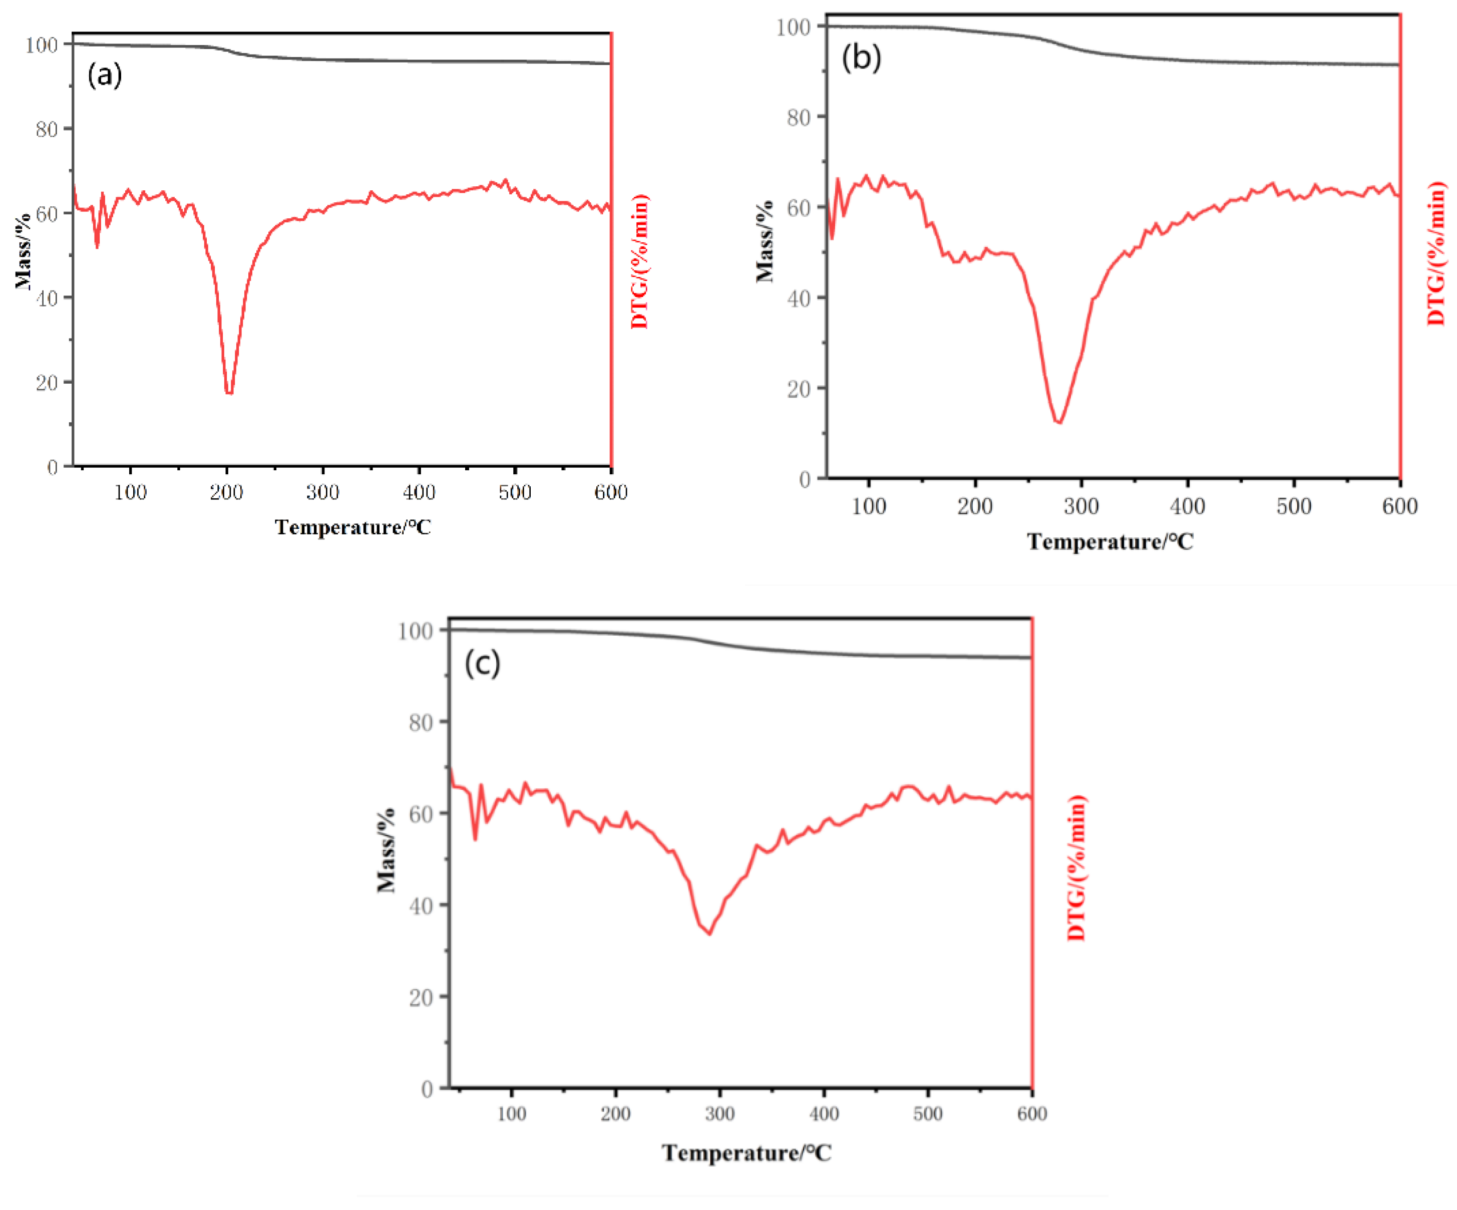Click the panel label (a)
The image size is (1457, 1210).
click(x=105, y=74)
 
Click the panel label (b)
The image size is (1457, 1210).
click(x=861, y=57)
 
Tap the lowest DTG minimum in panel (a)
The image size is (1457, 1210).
click(x=229, y=393)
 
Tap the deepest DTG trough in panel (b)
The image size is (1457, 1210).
click(x=1059, y=422)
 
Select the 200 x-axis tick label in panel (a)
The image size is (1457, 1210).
click(x=226, y=493)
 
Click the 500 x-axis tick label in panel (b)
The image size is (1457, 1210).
click(x=1293, y=506)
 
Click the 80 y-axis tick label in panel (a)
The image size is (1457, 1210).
click(x=47, y=129)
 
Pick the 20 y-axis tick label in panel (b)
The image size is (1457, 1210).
click(x=799, y=389)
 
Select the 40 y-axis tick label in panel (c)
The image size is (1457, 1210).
click(x=421, y=905)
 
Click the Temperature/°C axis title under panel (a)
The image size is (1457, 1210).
click(x=352, y=527)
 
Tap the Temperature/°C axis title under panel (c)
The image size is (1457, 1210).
click(x=746, y=1152)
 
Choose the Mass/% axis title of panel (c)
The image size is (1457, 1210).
click(x=386, y=850)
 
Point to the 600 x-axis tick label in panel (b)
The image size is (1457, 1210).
click(x=1399, y=506)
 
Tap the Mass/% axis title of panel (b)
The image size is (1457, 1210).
click(x=765, y=241)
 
